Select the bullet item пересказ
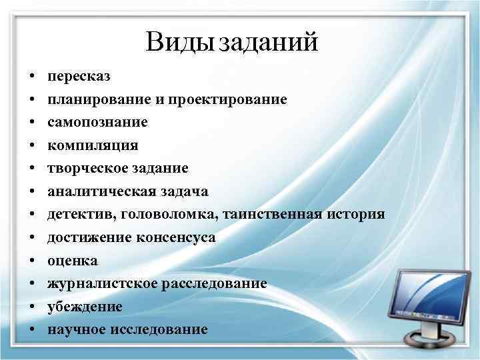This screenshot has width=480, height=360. click(x=74, y=77)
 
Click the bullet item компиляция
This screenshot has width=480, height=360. click(x=89, y=146)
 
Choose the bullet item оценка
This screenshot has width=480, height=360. click(x=72, y=261)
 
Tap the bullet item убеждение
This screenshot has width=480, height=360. click(x=85, y=307)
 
